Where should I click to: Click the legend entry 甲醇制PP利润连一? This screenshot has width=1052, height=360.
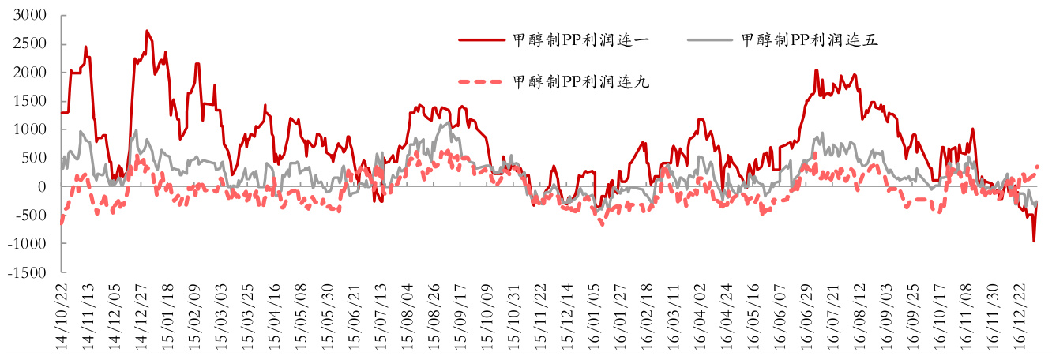(x=580, y=40)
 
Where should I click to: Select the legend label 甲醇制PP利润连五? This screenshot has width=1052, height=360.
(x=810, y=40)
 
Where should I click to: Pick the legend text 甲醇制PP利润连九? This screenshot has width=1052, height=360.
(x=580, y=81)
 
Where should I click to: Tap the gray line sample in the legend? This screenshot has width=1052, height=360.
(x=708, y=40)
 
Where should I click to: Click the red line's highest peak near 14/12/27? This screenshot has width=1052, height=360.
(x=148, y=31)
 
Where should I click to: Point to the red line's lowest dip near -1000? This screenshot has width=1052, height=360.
(x=1034, y=241)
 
